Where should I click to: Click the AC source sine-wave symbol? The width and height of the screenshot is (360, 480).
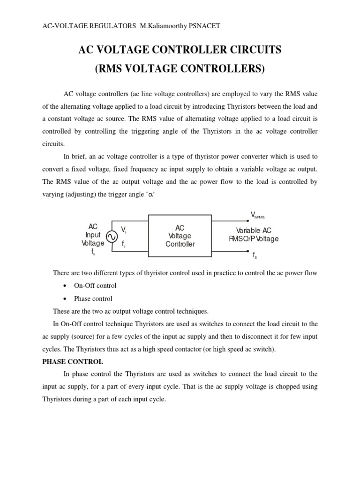tap(112, 237)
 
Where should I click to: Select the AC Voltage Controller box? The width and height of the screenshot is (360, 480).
tap(180, 236)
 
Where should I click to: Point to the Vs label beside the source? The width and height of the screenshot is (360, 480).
tap(124, 229)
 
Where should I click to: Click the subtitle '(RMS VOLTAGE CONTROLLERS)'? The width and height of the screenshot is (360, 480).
tap(180, 69)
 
